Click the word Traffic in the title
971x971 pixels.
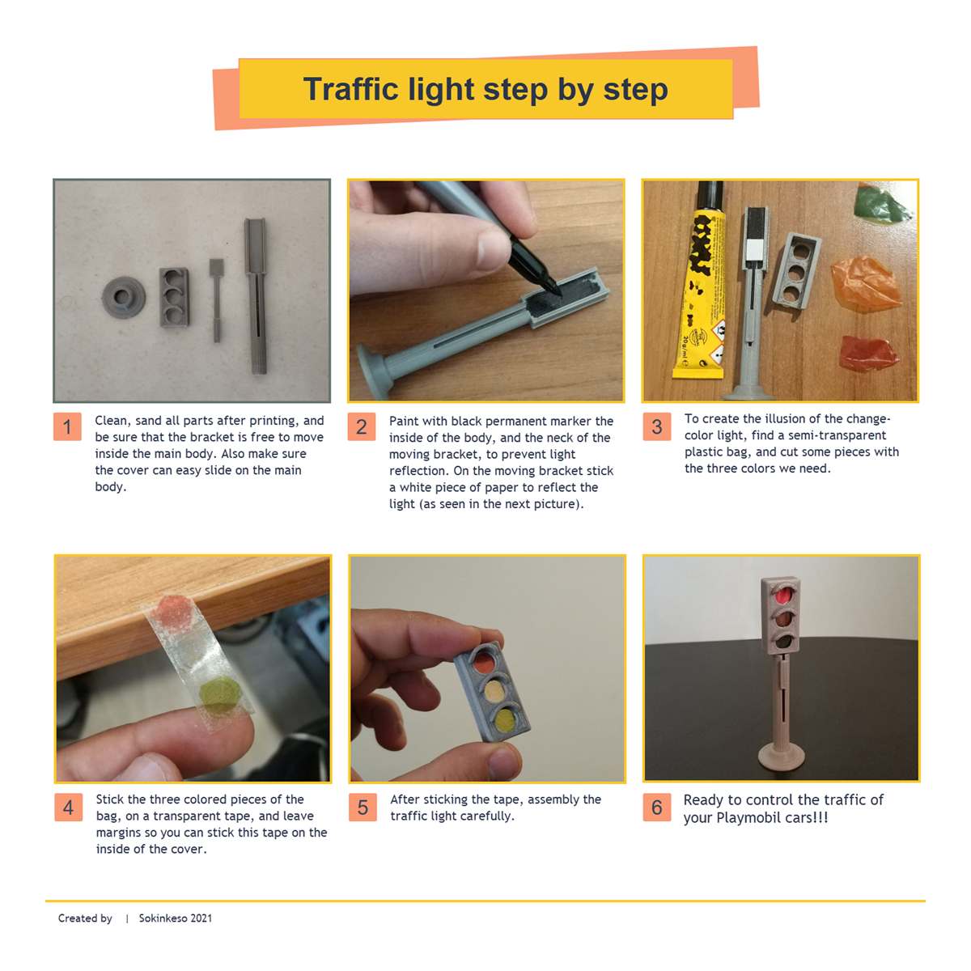(x=350, y=89)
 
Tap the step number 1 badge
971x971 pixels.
(x=67, y=426)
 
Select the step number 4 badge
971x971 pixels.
(x=68, y=807)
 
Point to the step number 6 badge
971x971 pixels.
(x=656, y=807)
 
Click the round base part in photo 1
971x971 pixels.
(x=124, y=297)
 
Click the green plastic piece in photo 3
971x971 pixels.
(x=882, y=203)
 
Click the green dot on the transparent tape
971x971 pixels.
(x=220, y=693)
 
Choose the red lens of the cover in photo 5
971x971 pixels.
(x=483, y=662)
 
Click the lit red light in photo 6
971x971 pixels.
(x=782, y=597)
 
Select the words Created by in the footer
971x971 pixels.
(x=85, y=918)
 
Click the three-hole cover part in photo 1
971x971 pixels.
(x=174, y=297)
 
